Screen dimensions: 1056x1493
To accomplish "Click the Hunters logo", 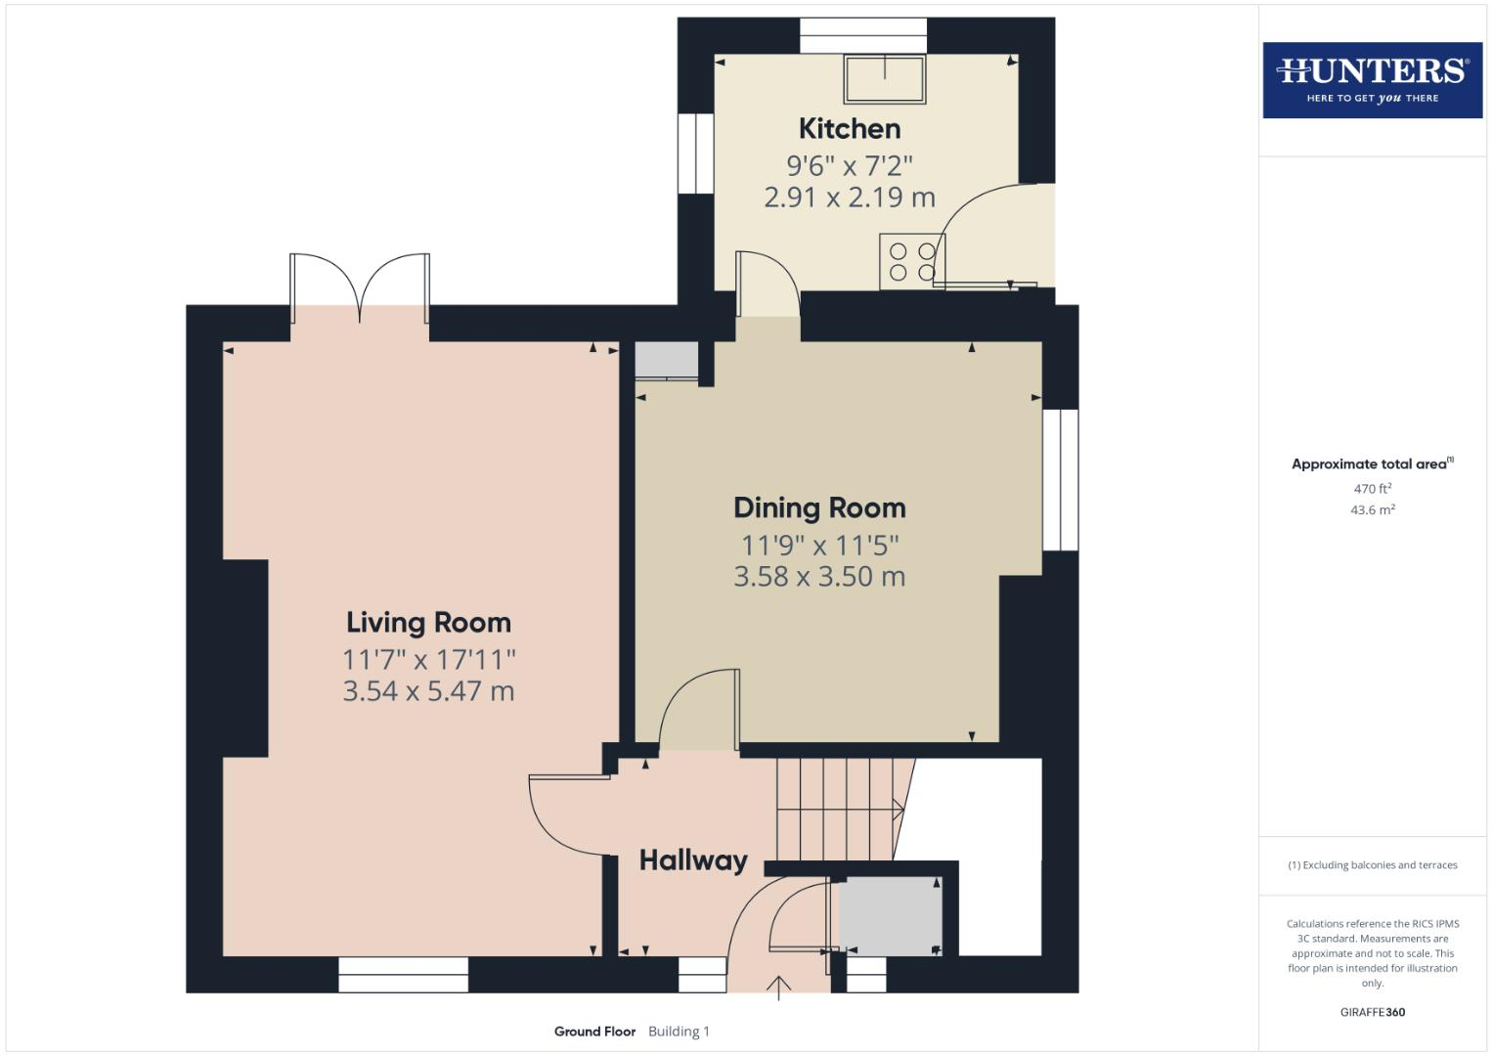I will tap(1372, 79).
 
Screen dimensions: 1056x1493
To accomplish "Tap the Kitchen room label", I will tap(849, 128).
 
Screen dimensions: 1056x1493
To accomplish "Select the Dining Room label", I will tap(819, 507).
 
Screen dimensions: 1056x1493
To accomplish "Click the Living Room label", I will tap(428, 622).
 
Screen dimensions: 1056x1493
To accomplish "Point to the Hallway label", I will tap(693, 860).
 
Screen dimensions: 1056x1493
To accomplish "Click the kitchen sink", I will tap(885, 79).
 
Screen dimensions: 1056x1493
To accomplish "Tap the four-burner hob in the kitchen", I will tap(911, 261).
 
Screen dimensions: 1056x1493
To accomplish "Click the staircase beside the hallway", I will tap(837, 809).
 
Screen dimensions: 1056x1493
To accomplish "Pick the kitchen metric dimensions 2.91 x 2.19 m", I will tap(849, 197).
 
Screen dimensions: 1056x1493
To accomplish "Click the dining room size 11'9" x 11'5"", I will tap(819, 544).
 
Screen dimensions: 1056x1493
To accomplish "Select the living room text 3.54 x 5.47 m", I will tap(428, 691).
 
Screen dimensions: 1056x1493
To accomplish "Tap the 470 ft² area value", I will tap(1372, 489).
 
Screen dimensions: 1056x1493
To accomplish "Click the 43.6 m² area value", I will tap(1372, 509).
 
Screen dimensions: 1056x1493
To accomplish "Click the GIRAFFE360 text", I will tap(1372, 1012).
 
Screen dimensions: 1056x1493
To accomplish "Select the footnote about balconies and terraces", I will tap(1372, 865).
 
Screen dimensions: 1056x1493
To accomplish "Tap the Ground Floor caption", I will tap(594, 1032).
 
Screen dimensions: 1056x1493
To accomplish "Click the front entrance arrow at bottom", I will tap(779, 988).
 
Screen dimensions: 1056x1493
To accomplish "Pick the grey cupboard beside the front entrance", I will tap(890, 916).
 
